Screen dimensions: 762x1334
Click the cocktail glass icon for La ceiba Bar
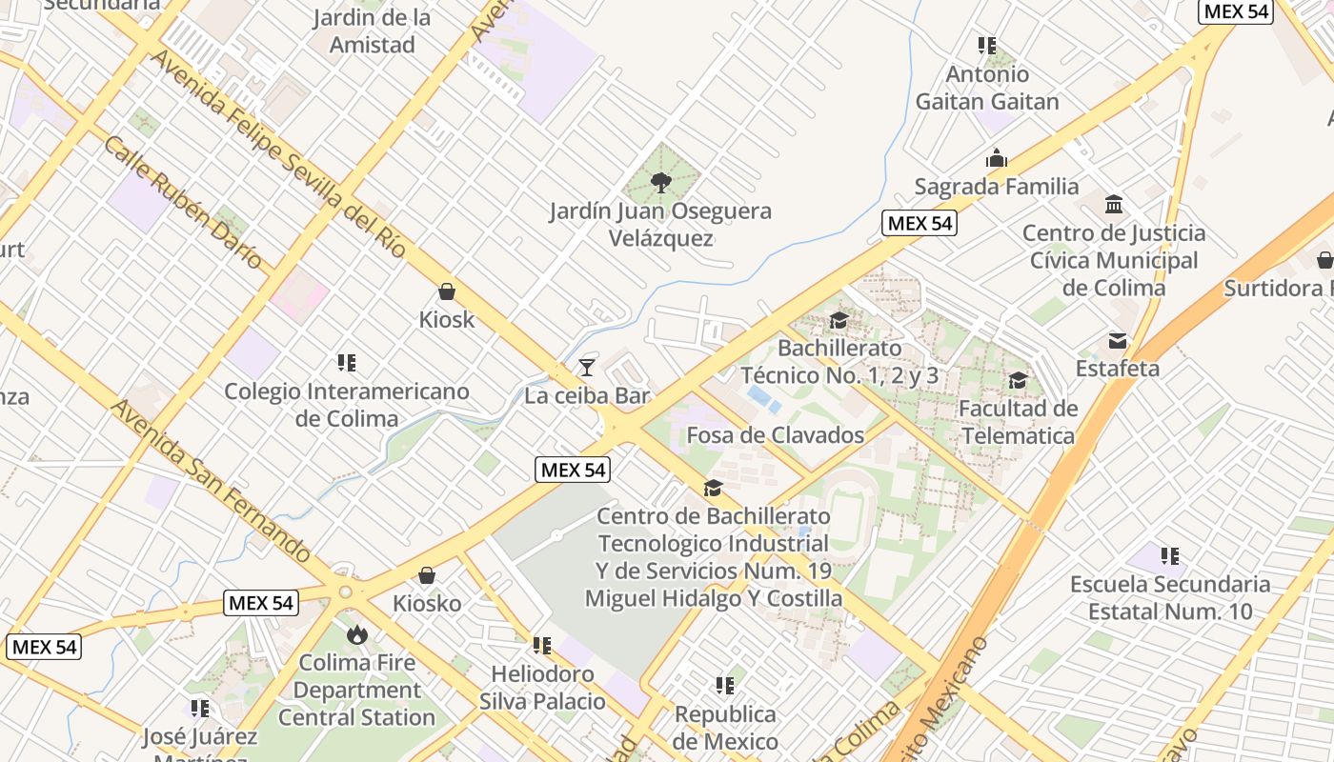586,368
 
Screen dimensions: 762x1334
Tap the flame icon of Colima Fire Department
357,634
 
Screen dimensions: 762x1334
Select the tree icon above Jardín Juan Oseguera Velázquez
659,182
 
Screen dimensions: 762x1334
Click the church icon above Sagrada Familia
997,158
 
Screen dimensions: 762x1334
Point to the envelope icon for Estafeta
1117,340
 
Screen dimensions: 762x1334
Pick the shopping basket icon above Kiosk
446,291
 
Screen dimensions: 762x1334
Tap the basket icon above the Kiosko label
427,575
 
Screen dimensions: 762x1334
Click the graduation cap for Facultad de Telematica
1018,381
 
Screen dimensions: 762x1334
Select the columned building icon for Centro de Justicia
1114,205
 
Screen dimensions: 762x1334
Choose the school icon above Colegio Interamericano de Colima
347,363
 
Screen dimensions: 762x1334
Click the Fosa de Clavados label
775,435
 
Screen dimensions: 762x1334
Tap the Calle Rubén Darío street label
183,202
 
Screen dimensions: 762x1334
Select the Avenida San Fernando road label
211,481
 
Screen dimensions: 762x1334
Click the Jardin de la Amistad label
372,30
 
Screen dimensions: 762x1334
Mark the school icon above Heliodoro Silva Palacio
542,646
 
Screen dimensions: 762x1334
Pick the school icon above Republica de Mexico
725,686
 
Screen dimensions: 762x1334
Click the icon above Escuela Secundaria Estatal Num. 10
1170,555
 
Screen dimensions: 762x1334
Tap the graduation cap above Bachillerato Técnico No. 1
839,320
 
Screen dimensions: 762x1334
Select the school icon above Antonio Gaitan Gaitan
987,46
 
